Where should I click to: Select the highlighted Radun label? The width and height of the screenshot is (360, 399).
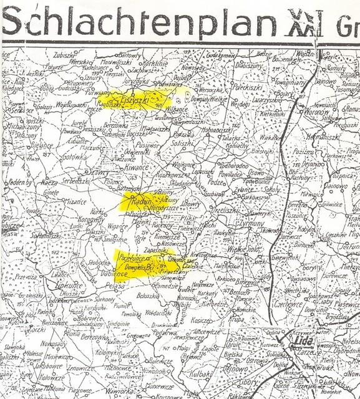click(x=138, y=201)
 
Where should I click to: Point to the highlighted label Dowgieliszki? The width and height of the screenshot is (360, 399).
click(x=140, y=267)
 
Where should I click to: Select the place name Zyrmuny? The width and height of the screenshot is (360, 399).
click(x=253, y=223)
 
